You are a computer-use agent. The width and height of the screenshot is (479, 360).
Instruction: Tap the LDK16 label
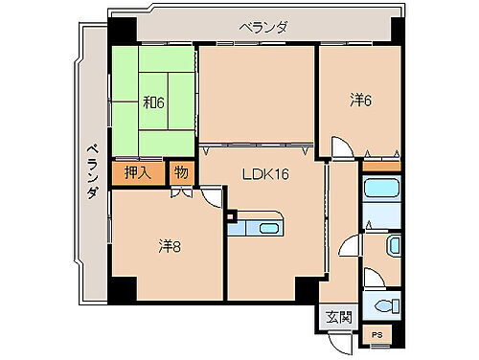[x=265, y=174]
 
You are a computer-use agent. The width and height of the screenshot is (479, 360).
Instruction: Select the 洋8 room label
[x=170, y=247]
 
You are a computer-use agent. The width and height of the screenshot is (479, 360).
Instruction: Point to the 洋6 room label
[x=360, y=99]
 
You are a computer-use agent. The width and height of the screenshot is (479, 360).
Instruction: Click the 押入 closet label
[x=138, y=173]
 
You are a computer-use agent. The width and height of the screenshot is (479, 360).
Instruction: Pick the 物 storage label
[x=182, y=173]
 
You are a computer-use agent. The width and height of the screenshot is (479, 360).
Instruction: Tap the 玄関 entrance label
[x=338, y=317]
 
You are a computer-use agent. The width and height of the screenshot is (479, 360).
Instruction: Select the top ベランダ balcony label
[x=261, y=28]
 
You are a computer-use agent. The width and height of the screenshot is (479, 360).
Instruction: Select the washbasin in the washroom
[x=393, y=245]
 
